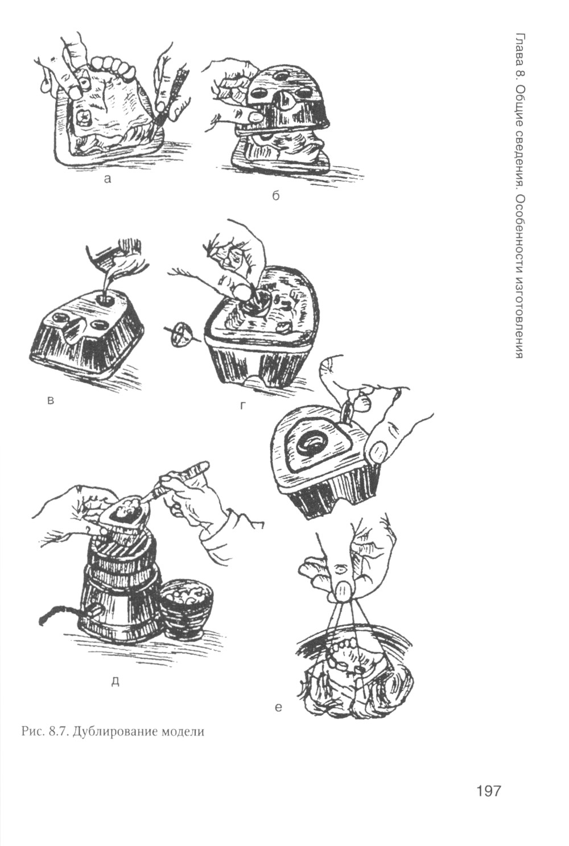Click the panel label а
tap(108, 179)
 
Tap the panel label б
tap(275, 196)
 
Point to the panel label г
tap(243, 405)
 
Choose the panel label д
tap(117, 680)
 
